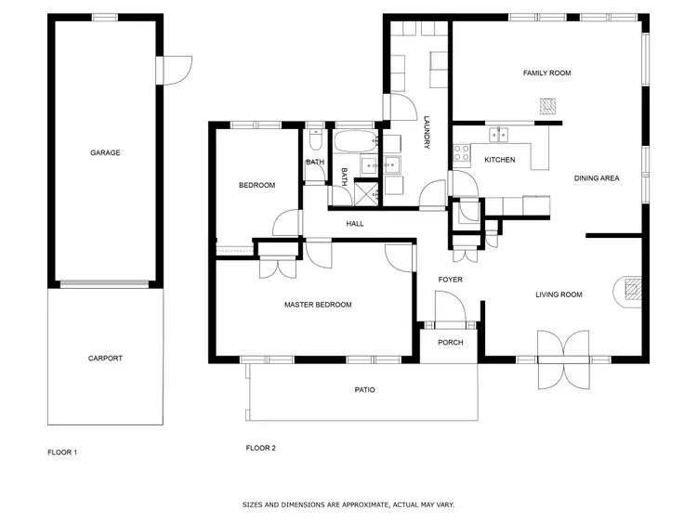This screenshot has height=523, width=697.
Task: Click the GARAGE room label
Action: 105,152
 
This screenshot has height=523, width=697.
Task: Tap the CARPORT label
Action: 105,358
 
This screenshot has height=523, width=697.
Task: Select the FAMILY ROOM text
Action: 546,72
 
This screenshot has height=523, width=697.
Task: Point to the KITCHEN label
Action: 499,160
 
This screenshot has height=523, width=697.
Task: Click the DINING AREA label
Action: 596,177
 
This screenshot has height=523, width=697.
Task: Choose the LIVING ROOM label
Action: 559,294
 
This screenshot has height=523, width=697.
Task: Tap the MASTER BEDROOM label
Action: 318,304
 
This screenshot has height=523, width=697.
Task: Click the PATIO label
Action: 365,389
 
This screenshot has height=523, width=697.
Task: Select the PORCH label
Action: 451,341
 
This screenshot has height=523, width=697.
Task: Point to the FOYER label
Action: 451,279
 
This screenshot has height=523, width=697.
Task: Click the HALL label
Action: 355,223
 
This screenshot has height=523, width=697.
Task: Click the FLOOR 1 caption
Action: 62,452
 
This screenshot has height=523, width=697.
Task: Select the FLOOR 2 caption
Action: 261,448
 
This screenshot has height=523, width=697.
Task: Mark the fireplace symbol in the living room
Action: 631,291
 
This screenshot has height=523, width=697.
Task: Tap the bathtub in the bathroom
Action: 353,142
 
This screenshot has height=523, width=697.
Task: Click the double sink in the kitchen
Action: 499,136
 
